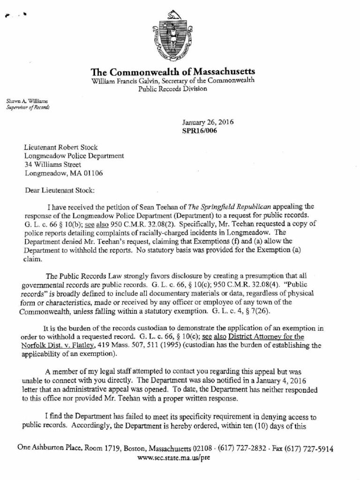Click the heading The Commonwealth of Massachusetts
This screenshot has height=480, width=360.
coord(173,72)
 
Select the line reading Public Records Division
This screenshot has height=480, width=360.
coord(172,89)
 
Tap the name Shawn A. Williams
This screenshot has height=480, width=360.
coord(27,101)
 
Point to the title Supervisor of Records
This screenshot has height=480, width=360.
coord(28,107)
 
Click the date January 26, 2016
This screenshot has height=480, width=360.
coord(208,122)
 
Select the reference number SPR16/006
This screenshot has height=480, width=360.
coord(199,131)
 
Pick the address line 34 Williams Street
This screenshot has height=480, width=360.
coord(52,164)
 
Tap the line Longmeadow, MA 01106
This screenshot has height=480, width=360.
coord(63,173)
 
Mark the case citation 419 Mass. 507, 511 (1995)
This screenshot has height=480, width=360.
coord(158,345)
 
